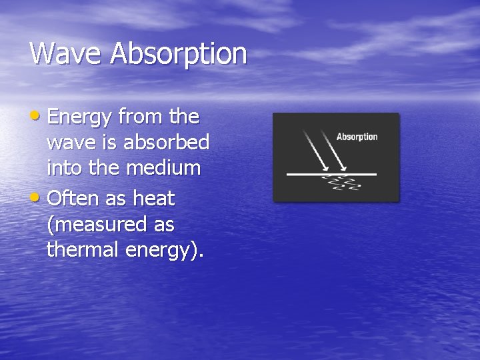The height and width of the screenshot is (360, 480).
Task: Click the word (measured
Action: click(x=97, y=225)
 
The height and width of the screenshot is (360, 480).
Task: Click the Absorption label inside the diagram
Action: click(x=357, y=137)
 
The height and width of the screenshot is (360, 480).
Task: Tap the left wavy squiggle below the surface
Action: click(x=329, y=183)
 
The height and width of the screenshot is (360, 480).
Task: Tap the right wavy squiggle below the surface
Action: click(x=348, y=183)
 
